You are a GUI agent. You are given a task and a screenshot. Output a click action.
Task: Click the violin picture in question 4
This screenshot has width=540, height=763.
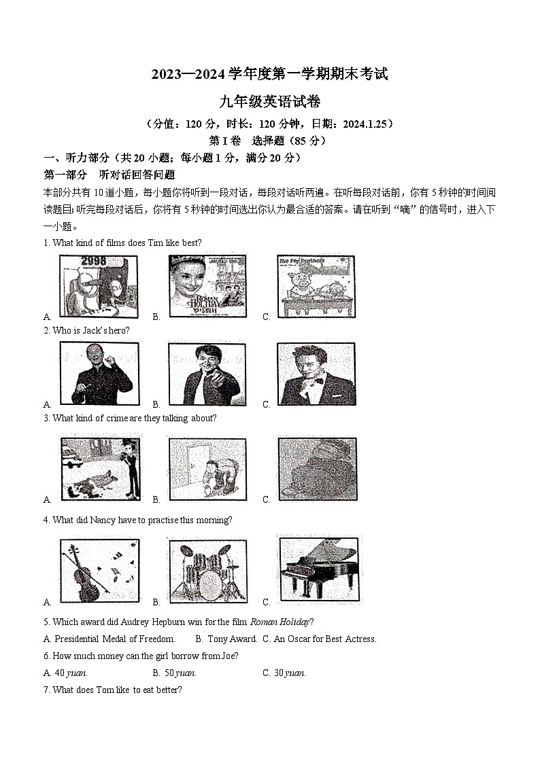tap(99, 570)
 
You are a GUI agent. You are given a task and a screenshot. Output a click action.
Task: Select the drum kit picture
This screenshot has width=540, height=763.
tap(207, 570)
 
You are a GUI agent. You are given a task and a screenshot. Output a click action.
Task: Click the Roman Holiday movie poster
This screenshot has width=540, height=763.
tap(207, 286)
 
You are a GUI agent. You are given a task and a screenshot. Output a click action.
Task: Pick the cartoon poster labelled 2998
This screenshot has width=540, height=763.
tap(99, 286)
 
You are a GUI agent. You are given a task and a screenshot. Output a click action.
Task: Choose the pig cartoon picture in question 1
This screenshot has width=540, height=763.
tap(316, 286)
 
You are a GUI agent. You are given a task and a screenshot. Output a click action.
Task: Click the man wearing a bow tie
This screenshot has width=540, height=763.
tap(316, 374)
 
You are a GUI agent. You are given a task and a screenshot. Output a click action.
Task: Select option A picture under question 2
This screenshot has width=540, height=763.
tap(100, 374)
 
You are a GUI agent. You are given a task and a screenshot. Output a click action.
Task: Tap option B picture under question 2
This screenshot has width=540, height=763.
tap(207, 374)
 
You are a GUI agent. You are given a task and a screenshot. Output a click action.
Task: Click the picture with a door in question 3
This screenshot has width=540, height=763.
tap(207, 469)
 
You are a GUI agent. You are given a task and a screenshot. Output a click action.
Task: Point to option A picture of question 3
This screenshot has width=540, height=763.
tap(100, 469)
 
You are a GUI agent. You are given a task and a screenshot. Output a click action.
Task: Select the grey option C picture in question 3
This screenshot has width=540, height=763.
tap(317, 469)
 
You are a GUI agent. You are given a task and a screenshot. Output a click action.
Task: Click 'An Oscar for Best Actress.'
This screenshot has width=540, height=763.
tap(325, 639)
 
